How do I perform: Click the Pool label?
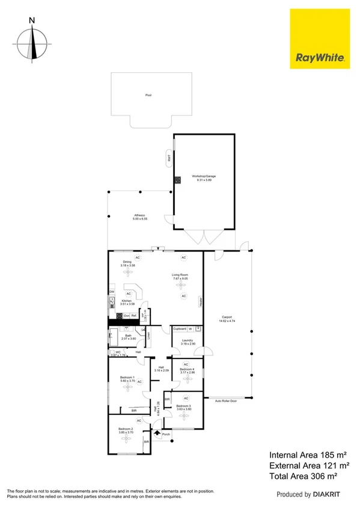point(148,95)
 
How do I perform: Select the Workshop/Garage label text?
point(204,176)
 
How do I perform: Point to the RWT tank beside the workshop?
point(169,159)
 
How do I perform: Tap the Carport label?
point(227,318)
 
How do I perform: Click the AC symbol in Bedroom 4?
point(186,364)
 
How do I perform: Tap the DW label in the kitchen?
point(112,292)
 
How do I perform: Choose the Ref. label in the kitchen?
point(135,316)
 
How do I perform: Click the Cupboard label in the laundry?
point(180,329)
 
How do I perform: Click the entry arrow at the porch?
point(157,432)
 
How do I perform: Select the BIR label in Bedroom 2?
point(146,441)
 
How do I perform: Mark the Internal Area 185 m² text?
point(308,455)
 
